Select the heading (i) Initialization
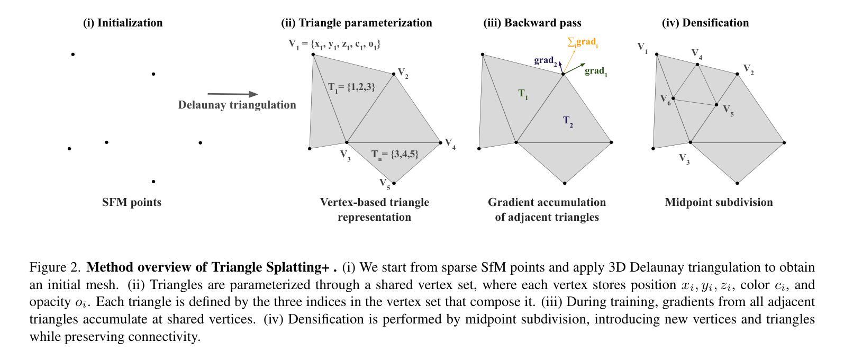coord(123,23)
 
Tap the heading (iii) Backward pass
coord(532,23)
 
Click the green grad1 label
coord(596,71)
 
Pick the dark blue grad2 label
coord(546,61)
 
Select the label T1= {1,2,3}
coord(351,87)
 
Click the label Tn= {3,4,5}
coord(395,155)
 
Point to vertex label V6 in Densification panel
coord(665,99)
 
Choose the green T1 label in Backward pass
coord(523,94)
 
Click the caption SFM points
coord(132,202)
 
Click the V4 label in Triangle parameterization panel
coord(450,143)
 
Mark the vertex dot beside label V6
coord(673,98)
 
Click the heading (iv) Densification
coord(705,23)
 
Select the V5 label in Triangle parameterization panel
coord(385,184)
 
